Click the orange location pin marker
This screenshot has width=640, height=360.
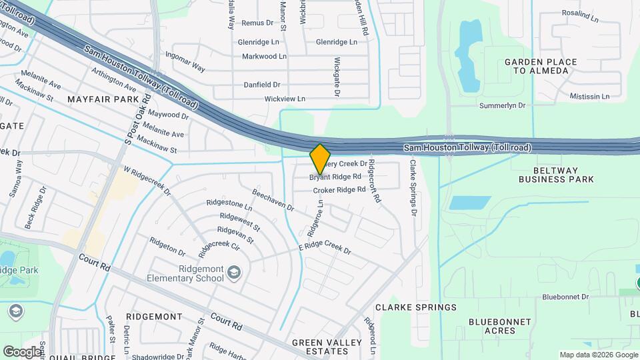point(320,158)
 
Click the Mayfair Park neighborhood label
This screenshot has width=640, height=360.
point(103,99)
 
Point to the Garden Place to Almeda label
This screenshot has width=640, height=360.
point(541,66)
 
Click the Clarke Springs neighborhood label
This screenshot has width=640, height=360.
point(416,307)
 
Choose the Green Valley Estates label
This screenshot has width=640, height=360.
point(327,347)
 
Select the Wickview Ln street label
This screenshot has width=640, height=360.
point(285,99)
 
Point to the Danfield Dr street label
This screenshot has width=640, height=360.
point(262,85)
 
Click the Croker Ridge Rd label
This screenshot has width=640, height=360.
point(339,190)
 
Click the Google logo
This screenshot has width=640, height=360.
point(22,351)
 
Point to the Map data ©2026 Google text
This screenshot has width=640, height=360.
point(598,355)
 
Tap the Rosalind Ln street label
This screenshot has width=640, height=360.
point(581,13)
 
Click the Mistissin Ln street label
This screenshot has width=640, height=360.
point(589,96)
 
